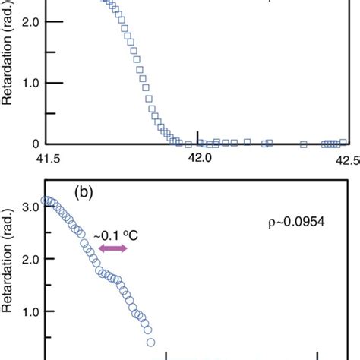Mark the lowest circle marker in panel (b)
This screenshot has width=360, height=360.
(x=151, y=342)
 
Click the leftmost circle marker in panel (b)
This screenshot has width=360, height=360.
(x=45, y=201)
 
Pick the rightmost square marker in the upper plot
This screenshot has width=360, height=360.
(x=343, y=141)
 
